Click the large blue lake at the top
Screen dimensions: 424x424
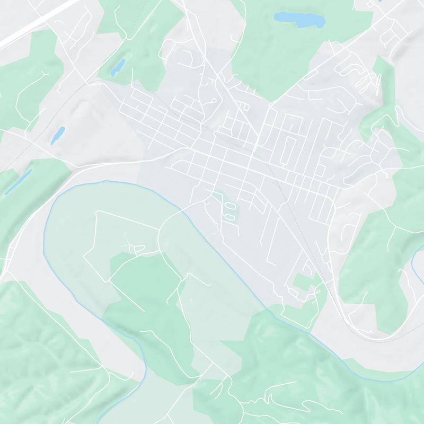[x=298, y=20]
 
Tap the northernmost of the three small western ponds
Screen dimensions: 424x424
[x=118, y=66]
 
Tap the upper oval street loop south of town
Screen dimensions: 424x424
[x=229, y=204]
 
